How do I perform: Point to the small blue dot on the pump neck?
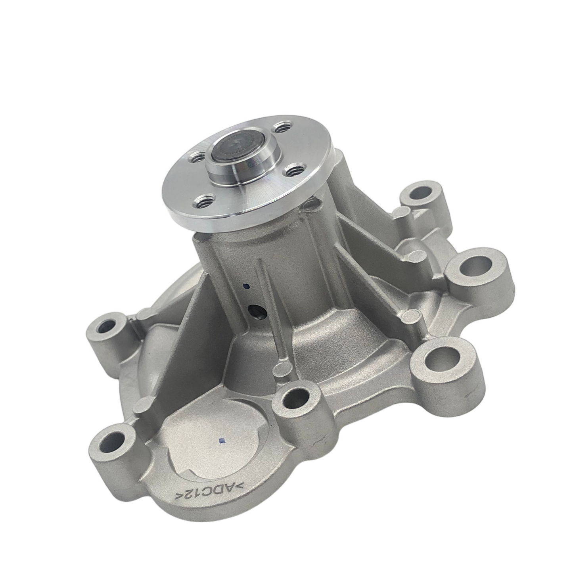tap(246, 286)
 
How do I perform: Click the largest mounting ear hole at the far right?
tap(476, 264)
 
